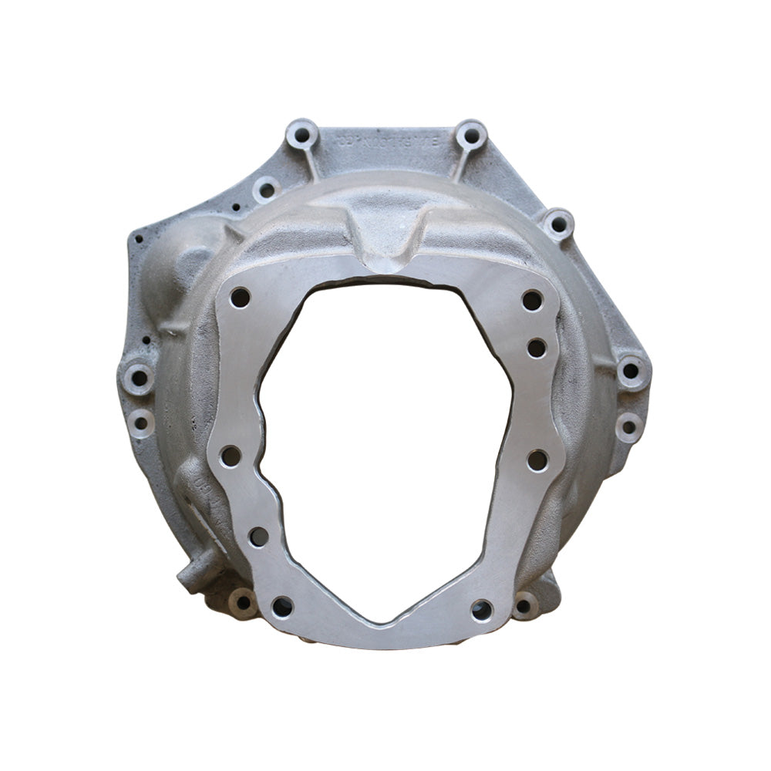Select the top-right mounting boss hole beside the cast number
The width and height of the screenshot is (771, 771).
coord(470,136)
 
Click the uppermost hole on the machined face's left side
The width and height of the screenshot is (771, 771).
coord(240,297)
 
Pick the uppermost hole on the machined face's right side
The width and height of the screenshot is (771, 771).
coord(531,300)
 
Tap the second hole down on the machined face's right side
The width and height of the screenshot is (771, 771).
coord(537,348)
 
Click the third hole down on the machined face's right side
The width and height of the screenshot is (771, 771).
coord(537,460)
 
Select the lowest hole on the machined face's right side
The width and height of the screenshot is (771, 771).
coord(482,609)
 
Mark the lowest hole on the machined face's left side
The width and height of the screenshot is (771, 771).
coord(282,607)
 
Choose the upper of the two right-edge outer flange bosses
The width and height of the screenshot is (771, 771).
coord(630,371)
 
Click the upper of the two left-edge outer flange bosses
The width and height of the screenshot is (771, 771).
coord(139,379)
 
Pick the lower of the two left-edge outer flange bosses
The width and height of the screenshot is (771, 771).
coord(141,423)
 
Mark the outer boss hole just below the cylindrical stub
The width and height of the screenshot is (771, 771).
coord(244,603)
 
